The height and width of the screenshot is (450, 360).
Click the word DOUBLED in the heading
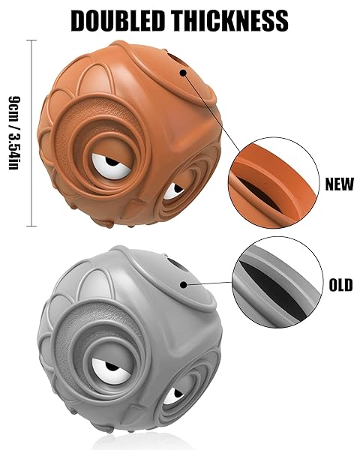118,20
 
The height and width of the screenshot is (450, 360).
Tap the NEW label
339,184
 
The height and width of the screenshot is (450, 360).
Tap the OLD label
340,285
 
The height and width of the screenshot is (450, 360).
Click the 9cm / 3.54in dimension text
14,133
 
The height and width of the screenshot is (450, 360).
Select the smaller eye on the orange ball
173,191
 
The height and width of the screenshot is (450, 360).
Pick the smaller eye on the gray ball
173,396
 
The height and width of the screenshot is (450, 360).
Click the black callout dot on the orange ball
183,73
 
